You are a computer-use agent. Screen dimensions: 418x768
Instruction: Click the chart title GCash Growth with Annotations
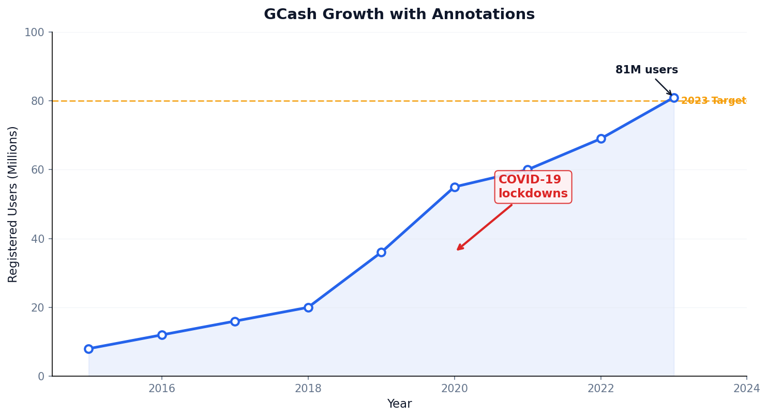point(399,14)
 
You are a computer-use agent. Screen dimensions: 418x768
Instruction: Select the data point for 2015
point(88,349)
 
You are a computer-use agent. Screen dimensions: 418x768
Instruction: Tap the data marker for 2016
point(162,335)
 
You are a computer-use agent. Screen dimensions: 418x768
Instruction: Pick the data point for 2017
point(235,321)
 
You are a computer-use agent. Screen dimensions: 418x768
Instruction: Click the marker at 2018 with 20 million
point(308,307)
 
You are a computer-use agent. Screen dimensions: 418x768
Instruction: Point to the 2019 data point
point(381,252)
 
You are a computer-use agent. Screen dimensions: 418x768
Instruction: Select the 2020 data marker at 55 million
point(455,187)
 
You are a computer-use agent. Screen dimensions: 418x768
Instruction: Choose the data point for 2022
point(601,138)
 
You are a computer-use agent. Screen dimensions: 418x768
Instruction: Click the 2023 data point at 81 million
point(674,98)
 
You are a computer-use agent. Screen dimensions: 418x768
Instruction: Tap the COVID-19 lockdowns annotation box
point(533,187)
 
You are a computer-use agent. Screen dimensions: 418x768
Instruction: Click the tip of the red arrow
point(457,250)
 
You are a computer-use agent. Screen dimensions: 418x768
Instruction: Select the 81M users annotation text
point(646,70)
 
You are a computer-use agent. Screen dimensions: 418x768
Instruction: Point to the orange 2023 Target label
point(713,101)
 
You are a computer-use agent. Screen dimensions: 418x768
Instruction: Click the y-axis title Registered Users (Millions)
point(13,204)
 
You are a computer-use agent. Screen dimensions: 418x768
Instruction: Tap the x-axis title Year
point(399,404)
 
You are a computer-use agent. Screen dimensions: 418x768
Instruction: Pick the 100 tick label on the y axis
point(34,33)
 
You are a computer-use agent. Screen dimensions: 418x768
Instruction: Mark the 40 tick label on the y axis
point(37,239)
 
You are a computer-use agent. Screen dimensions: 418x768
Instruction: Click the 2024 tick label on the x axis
point(746,389)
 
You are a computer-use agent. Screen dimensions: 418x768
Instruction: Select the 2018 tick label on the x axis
point(308,389)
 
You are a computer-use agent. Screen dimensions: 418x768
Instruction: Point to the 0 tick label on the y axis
point(41,376)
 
